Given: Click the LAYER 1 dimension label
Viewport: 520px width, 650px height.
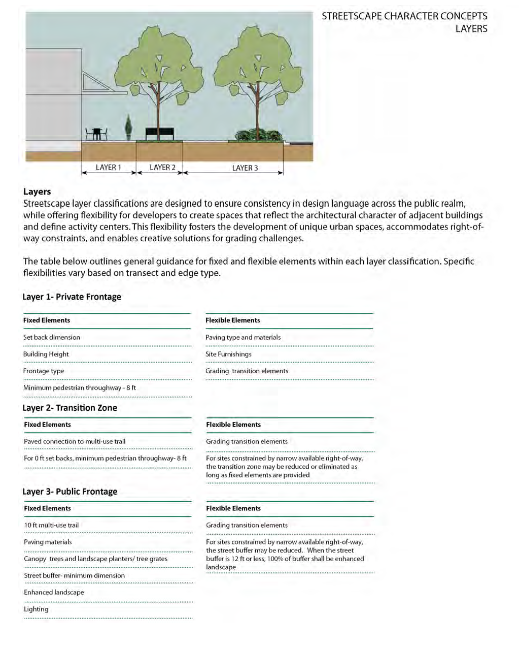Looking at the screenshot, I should coord(108,168).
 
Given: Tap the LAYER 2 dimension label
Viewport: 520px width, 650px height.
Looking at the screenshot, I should coord(162,168).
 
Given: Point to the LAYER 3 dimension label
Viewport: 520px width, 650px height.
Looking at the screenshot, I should coord(245,168).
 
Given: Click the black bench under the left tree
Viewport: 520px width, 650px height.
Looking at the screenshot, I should coord(159,134).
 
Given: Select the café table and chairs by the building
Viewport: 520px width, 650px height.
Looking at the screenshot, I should coord(96,134).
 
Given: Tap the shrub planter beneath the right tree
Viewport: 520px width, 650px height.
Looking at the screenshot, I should coord(258,136).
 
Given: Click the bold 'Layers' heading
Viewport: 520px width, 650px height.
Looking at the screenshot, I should coord(37,191).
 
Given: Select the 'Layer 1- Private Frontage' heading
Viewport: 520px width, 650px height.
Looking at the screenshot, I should coord(72,297).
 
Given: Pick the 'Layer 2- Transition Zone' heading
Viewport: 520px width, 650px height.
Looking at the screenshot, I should coord(70,408).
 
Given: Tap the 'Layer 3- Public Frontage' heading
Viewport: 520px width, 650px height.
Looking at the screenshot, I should coord(70,492).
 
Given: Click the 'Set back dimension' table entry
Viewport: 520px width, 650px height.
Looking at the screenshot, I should coord(52,337).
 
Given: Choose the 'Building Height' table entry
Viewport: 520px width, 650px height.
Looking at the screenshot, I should coord(46,354).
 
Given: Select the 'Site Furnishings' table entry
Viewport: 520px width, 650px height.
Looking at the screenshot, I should coord(228,354).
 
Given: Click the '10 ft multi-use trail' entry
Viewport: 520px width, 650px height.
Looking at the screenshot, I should coord(51,525).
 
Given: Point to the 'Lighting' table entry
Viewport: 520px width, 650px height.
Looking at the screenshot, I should coord(36,609).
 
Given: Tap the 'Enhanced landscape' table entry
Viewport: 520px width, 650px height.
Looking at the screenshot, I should coord(54,592).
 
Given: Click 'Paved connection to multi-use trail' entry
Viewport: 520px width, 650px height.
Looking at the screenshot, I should coord(75,441).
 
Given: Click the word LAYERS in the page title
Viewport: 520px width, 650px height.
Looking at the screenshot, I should coord(471,29).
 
